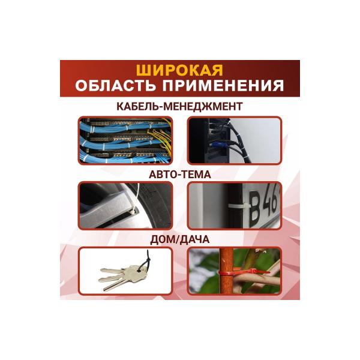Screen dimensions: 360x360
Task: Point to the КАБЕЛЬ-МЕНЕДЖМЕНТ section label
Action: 179,107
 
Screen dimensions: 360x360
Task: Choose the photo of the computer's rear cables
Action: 233,140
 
